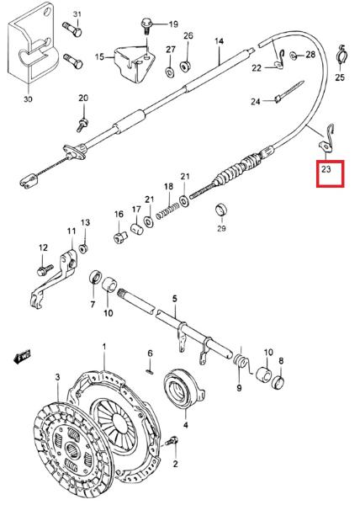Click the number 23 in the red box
click(x=326, y=169)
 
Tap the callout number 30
click(x=28, y=98)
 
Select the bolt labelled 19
click(x=146, y=27)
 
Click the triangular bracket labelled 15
click(x=134, y=64)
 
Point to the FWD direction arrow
click(x=23, y=357)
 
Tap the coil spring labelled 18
click(x=167, y=211)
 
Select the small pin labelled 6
click(x=150, y=371)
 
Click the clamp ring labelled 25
click(x=341, y=56)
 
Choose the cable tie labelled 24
click(x=289, y=92)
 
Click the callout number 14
click(x=219, y=41)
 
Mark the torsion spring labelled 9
click(x=242, y=362)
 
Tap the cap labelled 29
click(x=221, y=210)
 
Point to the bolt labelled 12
click(x=45, y=269)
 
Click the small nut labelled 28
click(x=294, y=56)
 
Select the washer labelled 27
click(x=170, y=72)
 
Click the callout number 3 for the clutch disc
click(x=58, y=377)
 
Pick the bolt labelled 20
click(x=82, y=125)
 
